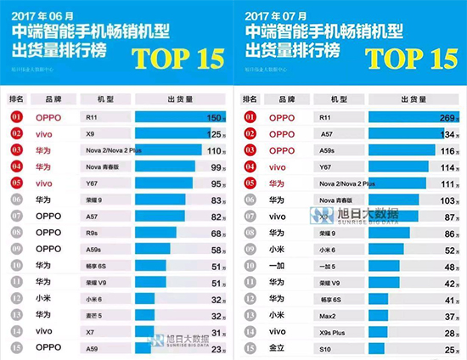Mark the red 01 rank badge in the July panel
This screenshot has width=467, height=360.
(x=250, y=118)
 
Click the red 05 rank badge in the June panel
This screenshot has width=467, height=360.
(x=17, y=183)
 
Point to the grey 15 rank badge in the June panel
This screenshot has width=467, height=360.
(x=17, y=347)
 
